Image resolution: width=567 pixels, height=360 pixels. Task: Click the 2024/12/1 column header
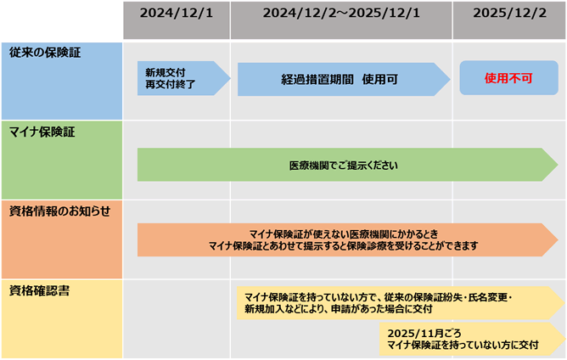click(176, 14)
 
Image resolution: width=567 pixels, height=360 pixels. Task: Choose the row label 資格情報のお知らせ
click(59, 211)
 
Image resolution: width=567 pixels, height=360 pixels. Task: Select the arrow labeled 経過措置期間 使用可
click(340, 78)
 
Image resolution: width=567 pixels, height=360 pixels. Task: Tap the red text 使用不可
click(508, 78)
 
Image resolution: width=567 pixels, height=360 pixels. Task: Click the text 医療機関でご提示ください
click(343, 165)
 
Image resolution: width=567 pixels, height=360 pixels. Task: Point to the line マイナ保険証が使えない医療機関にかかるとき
click(344, 233)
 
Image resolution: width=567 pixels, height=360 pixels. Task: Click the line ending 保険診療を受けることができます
click(344, 245)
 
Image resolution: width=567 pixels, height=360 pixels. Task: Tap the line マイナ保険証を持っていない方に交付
click(463, 345)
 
